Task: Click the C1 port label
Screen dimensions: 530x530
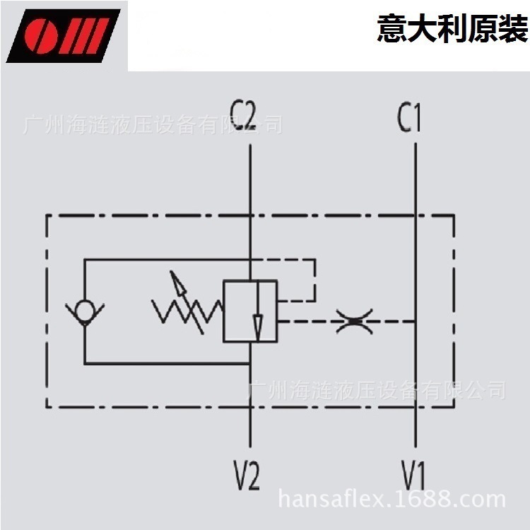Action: [x=409, y=118]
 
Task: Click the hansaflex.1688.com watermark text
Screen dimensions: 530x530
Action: [x=392, y=500]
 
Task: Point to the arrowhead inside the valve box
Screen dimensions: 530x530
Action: [x=258, y=326]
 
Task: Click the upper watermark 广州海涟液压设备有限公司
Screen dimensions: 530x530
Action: [x=152, y=126]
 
